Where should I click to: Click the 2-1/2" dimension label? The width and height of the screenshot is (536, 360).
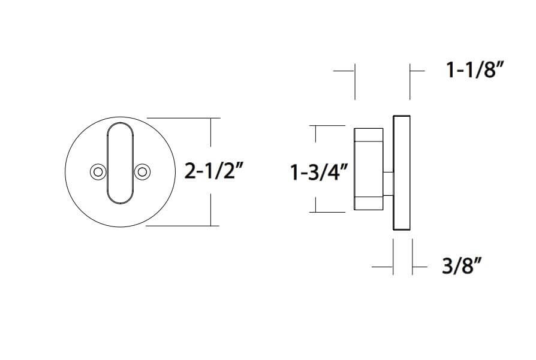pyautogui.click(x=214, y=171)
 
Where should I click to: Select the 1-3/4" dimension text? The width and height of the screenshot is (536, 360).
pyautogui.click(x=320, y=172)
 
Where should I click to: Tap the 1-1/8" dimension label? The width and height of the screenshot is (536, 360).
pyautogui.click(x=475, y=70)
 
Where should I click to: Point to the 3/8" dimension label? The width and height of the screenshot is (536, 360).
pyautogui.click(x=462, y=265)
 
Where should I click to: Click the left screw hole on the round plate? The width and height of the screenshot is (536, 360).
pyautogui.click(x=98, y=172)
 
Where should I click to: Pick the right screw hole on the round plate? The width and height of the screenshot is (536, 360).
pyautogui.click(x=142, y=172)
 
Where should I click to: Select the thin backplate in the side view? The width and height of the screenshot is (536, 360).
pyautogui.click(x=402, y=173)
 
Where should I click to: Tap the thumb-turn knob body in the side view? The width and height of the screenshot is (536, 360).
pyautogui.click(x=369, y=169)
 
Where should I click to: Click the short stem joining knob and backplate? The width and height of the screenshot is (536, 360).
pyautogui.click(x=389, y=184)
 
